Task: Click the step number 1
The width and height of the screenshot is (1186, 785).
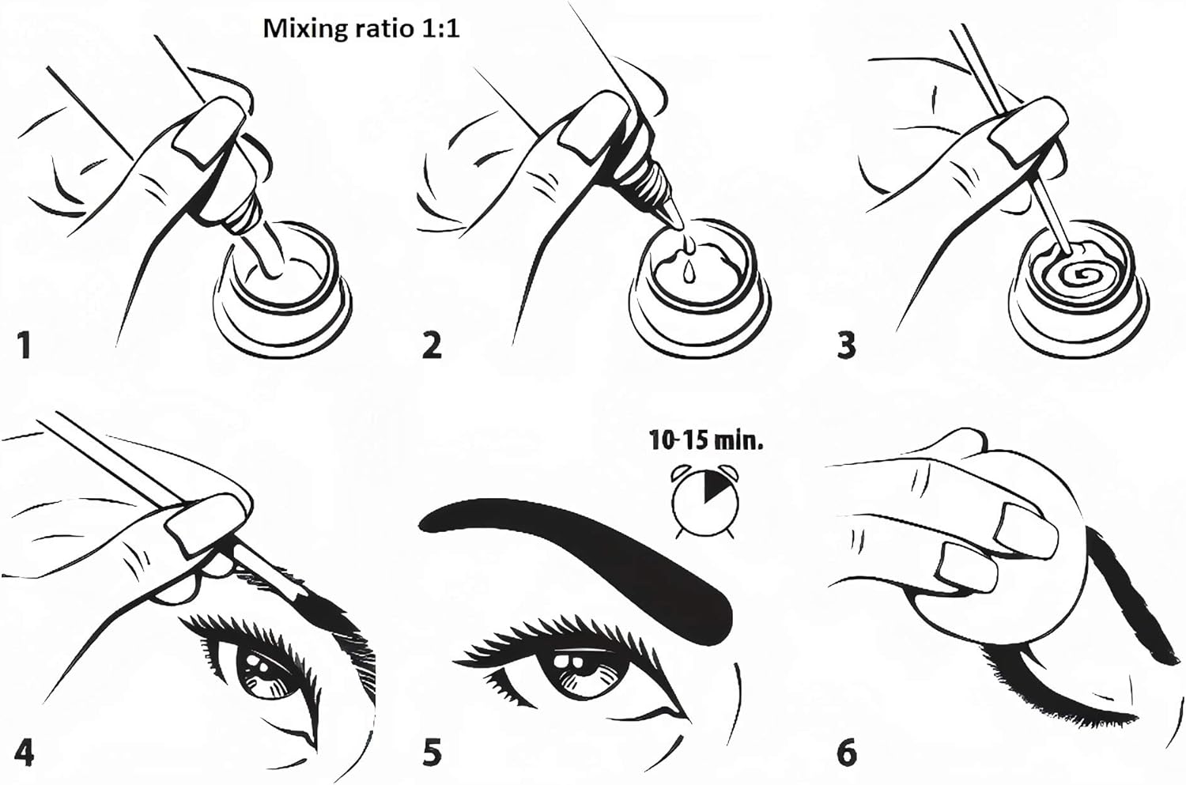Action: click(x=23, y=345)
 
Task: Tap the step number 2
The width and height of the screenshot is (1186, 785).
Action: click(x=432, y=345)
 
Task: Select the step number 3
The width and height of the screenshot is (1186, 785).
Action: click(x=845, y=345)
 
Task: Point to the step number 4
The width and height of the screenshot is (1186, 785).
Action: click(x=24, y=753)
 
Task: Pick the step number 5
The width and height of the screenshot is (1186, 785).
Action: click(x=432, y=753)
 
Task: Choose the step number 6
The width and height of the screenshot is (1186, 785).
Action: click(x=847, y=753)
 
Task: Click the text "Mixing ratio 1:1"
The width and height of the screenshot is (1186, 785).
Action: click(x=361, y=29)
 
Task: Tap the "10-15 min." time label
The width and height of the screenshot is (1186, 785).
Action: click(x=706, y=441)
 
